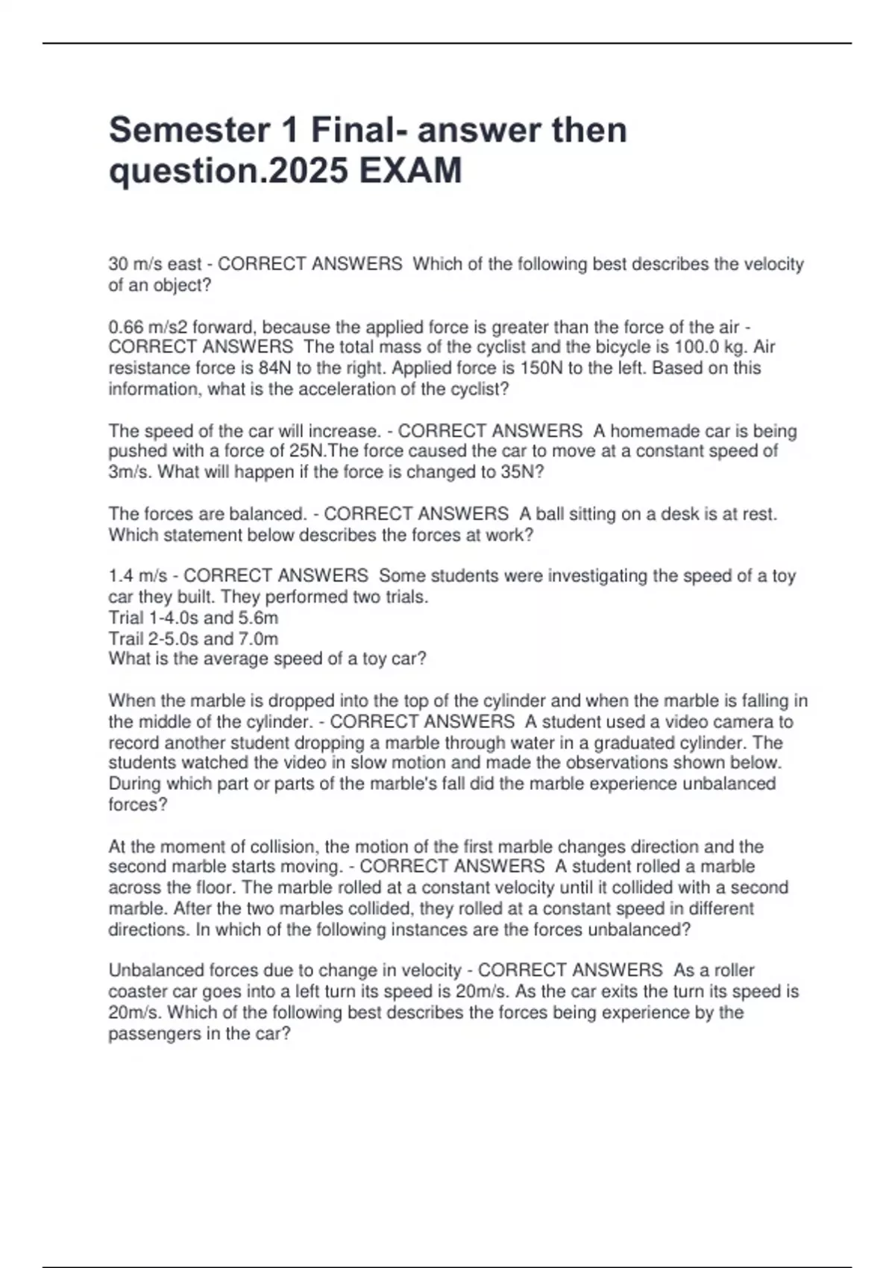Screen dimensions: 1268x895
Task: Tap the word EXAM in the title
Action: click(411, 171)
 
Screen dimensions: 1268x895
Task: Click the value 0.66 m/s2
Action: click(148, 327)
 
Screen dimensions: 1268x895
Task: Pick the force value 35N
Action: click(513, 472)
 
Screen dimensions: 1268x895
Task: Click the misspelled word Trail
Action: click(126, 638)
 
